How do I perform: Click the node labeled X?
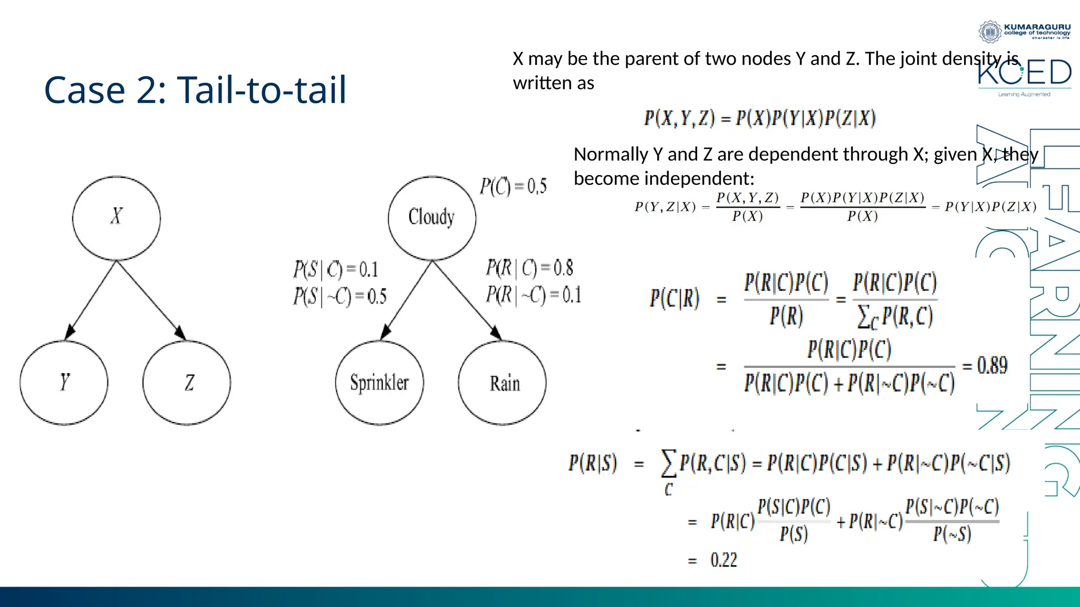click(x=116, y=218)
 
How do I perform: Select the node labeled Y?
click(x=64, y=383)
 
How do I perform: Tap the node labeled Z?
click(x=187, y=383)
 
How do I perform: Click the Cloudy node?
click(x=432, y=218)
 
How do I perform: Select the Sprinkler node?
click(x=379, y=383)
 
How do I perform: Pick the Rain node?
click(x=502, y=383)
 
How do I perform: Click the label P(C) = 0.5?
click(x=513, y=187)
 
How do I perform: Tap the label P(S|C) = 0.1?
click(x=336, y=270)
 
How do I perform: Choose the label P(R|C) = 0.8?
click(x=529, y=268)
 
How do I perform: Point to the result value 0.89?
click(x=992, y=365)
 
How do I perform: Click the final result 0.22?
click(x=724, y=560)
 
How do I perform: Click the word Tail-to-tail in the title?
click(x=262, y=90)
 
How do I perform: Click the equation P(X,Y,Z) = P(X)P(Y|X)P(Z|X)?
click(x=760, y=118)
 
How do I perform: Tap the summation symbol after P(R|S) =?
click(x=669, y=464)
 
